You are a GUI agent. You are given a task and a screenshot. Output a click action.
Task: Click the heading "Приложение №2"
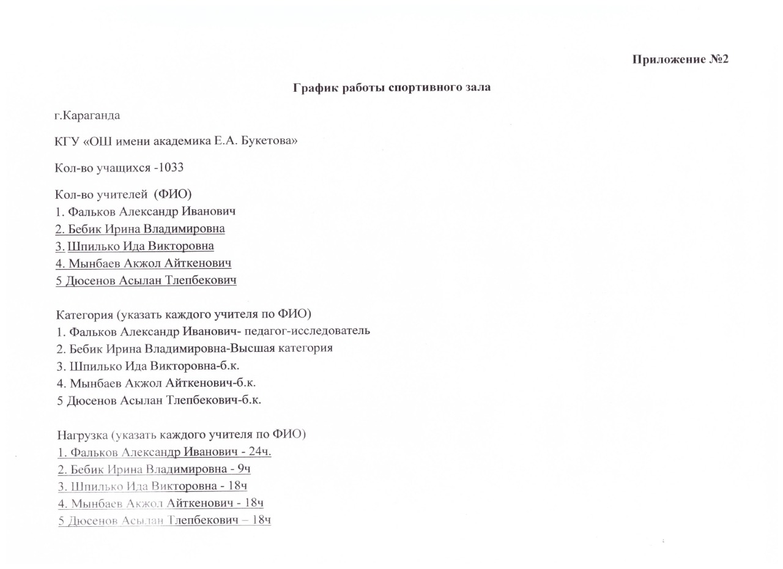[680, 59]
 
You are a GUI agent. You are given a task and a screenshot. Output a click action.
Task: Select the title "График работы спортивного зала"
[391, 87]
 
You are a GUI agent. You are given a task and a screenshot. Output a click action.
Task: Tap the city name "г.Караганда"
[87, 116]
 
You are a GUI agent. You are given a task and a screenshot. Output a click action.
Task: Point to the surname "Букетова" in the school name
[273, 141]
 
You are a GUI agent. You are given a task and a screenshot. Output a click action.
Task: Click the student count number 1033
[173, 167]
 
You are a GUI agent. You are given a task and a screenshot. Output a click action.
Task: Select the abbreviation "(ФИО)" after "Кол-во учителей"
[173, 195]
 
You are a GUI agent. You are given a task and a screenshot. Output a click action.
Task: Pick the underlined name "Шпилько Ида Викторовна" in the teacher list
[141, 246]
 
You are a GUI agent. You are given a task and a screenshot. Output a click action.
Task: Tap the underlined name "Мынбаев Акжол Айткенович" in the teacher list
[150, 263]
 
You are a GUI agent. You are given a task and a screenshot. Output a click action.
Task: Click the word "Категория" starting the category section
[83, 314]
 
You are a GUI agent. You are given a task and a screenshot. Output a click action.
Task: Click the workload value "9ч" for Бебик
[244, 469]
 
